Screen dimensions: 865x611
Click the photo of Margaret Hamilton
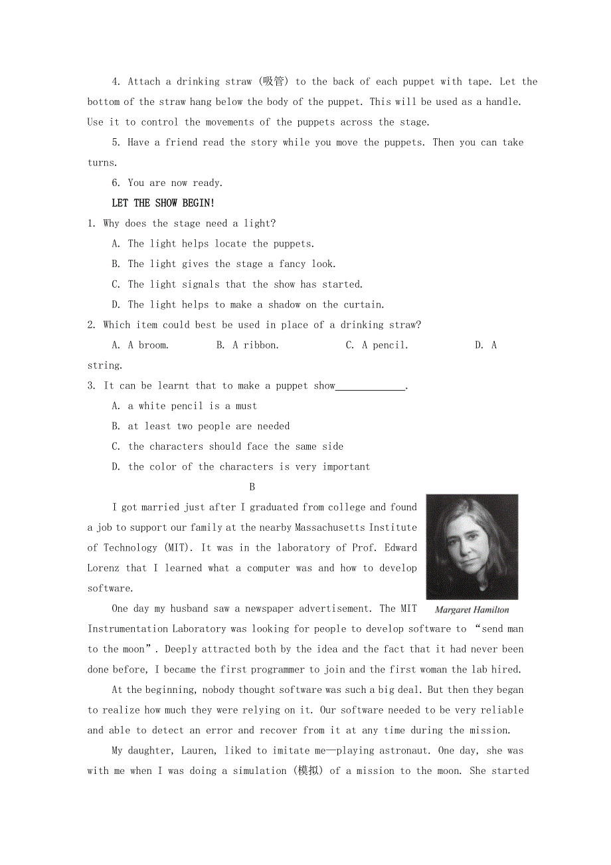[x=472, y=547]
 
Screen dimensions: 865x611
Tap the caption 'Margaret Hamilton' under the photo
[x=472, y=609]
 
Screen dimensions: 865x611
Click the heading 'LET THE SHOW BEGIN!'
[x=163, y=203]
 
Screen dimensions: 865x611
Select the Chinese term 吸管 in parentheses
[x=273, y=82]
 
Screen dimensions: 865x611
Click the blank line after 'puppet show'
[x=370, y=386]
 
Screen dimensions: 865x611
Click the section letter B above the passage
[x=252, y=487]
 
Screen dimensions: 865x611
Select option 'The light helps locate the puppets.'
[x=221, y=244]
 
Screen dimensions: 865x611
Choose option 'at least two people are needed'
[x=209, y=426]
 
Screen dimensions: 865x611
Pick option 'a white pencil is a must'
[x=192, y=406]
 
